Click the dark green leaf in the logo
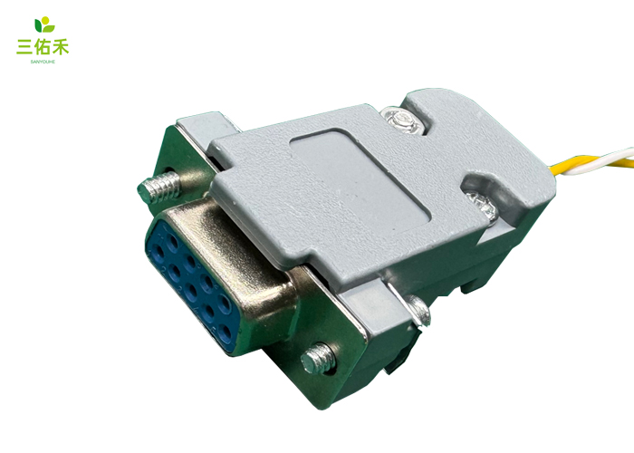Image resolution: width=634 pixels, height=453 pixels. (x=38, y=25)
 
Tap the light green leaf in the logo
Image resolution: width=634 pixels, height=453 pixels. (x=49, y=28)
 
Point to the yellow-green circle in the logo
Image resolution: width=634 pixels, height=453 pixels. (x=45, y=20)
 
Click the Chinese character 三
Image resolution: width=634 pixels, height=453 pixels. (x=24, y=46)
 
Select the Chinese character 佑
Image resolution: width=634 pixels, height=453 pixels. (x=43, y=46)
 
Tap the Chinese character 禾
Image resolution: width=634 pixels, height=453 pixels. (x=61, y=46)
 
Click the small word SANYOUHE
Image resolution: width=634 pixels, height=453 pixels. (x=43, y=62)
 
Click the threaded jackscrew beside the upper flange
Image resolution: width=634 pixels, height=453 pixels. (x=158, y=187)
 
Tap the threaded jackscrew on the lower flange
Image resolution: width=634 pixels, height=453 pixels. (x=319, y=359)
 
